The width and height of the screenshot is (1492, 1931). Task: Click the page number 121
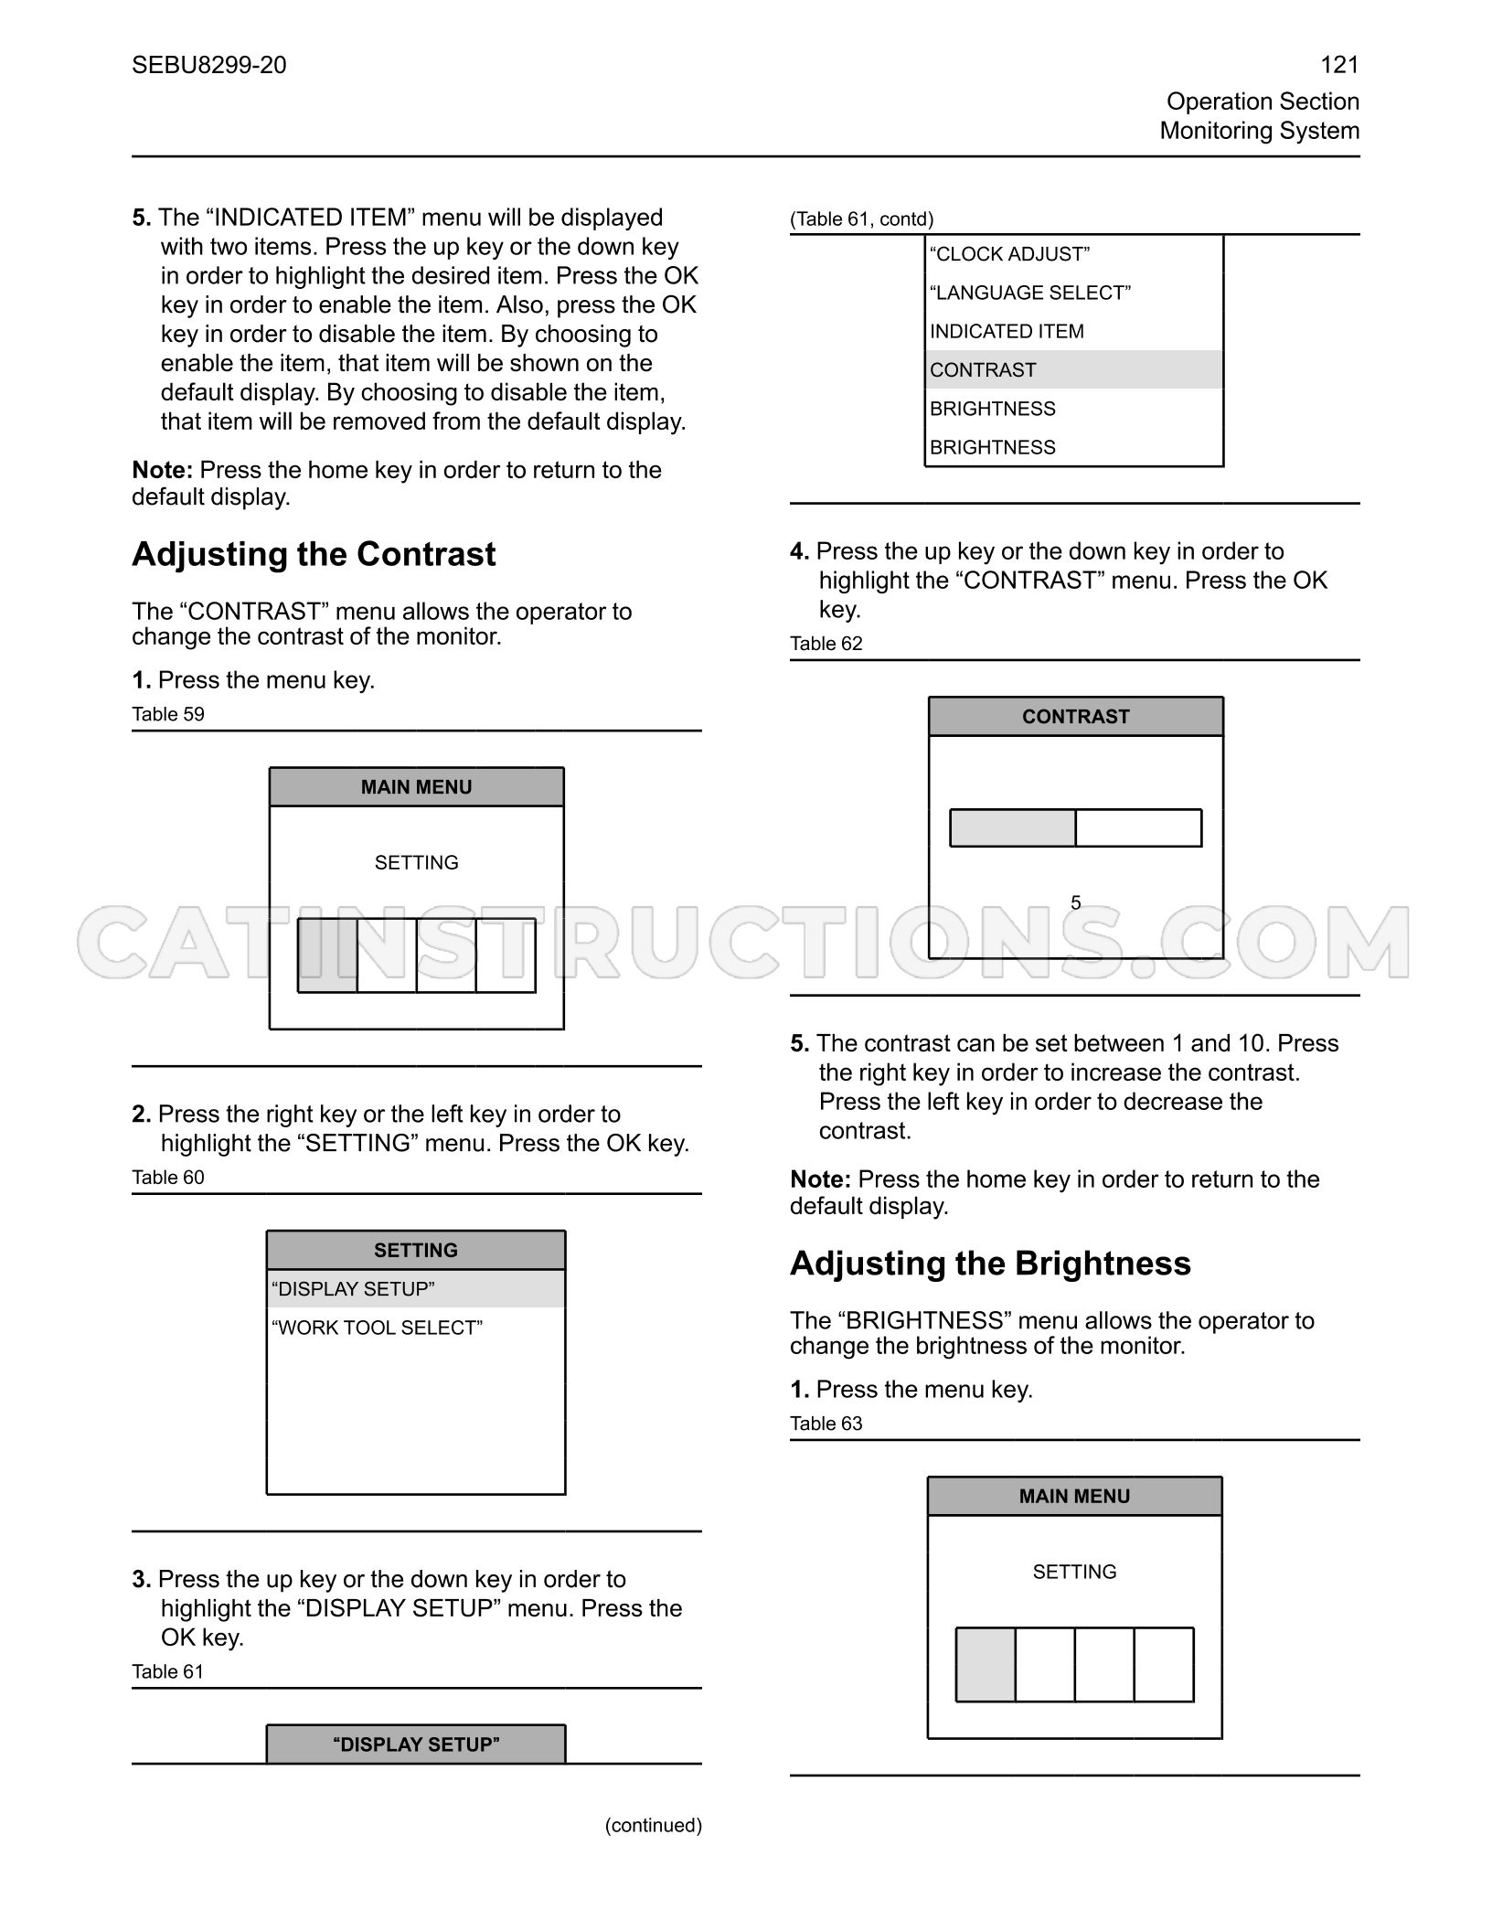point(1339,65)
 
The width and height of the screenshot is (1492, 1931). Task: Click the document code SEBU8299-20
point(209,65)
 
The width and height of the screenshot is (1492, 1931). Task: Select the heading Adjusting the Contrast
point(314,554)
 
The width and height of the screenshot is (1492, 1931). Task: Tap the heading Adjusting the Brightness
point(990,1264)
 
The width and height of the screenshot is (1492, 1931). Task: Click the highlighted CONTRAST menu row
point(1074,369)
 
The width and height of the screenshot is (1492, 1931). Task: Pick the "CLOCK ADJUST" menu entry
point(1009,254)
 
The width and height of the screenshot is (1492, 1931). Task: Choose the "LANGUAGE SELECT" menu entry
point(1030,293)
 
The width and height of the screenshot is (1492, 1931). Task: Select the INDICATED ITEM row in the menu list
point(1007,331)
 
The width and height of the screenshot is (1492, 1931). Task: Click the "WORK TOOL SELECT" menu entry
point(377,1328)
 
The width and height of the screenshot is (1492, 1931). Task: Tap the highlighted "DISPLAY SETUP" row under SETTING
point(416,1289)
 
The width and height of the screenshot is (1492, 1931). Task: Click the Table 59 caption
point(168,714)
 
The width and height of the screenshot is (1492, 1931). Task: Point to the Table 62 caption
point(826,644)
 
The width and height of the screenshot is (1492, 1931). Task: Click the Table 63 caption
point(826,1424)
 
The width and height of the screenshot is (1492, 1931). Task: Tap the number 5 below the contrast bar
point(1076,903)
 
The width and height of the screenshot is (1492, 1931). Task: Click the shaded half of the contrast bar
point(1013,828)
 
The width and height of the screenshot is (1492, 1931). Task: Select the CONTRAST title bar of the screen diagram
point(1076,717)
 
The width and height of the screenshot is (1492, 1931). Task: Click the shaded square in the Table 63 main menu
point(986,1665)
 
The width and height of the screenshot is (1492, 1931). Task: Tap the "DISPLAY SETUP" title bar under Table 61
point(416,1744)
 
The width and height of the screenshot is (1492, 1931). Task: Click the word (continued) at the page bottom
point(654,1825)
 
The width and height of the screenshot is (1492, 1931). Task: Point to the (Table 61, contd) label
point(862,219)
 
